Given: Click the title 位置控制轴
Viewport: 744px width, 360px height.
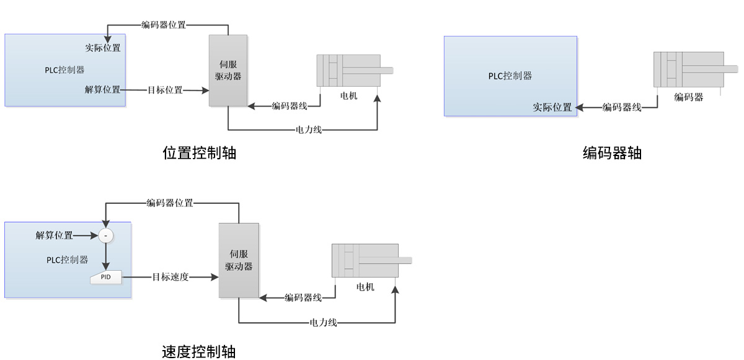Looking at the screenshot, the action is pos(199,153).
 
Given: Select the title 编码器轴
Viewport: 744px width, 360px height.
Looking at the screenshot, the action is pos(612,153).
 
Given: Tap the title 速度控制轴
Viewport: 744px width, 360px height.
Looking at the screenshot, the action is pos(199,352).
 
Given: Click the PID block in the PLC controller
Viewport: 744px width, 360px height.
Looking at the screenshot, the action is pos(106,277).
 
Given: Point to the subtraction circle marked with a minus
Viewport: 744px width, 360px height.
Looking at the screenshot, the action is pos(106,236).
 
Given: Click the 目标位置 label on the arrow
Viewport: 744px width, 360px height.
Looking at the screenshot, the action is pos(165,90).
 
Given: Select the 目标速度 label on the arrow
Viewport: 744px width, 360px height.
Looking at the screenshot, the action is pos(170,277).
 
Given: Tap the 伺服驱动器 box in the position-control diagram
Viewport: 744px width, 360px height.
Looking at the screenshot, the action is pos(228,71).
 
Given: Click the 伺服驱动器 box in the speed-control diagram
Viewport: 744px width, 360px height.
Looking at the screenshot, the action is pos(239,260).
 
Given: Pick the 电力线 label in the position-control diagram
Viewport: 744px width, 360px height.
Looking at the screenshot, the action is pos(309,130).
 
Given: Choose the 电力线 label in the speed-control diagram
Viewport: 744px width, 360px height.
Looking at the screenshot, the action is pos(323,322).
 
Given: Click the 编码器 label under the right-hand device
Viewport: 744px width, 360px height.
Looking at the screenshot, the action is pos(689,97).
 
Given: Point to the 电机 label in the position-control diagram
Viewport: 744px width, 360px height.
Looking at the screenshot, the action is pos(348,96).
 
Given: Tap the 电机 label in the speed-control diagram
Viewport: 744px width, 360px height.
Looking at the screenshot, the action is pos(365,287).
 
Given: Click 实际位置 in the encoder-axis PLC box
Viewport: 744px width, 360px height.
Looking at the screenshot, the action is pos(552,107).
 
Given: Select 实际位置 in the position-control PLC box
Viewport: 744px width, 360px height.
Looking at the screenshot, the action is pos(103,48).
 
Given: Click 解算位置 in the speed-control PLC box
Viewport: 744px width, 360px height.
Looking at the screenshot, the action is pos(54,235).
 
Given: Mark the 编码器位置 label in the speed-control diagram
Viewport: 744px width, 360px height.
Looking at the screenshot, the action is pos(170,203).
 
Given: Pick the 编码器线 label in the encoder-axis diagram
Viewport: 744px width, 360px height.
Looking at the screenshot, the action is pos(622,107).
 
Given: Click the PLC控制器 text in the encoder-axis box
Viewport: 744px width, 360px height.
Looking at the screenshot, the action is pos(510,76).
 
